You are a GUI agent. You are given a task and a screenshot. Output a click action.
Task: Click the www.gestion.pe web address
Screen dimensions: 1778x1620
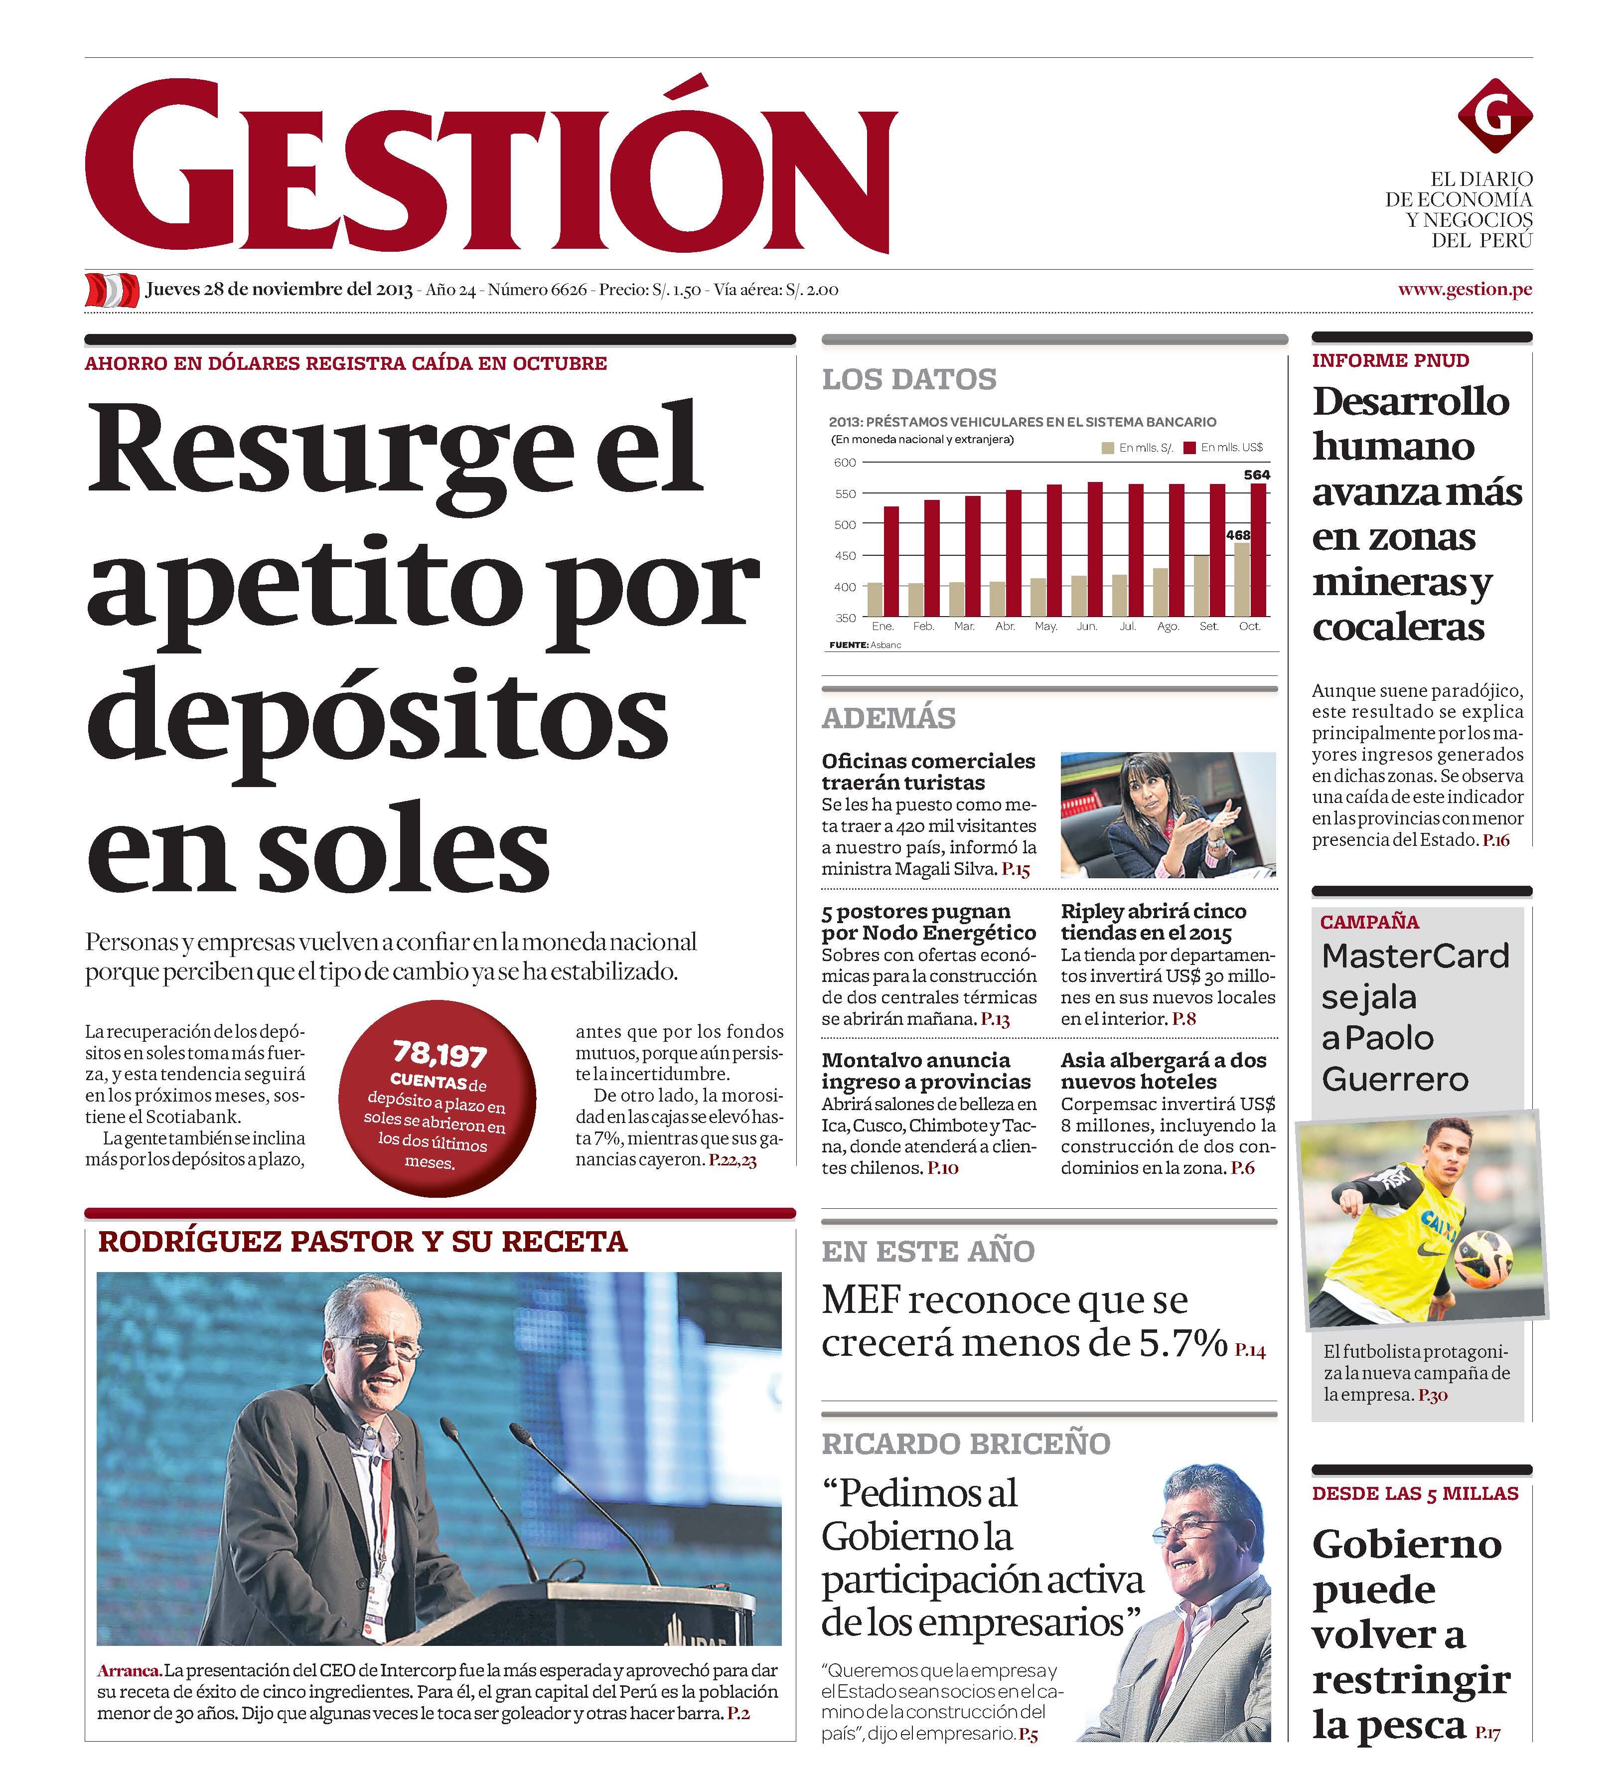tap(1464, 289)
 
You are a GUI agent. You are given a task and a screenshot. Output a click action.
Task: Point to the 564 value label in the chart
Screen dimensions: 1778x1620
tap(1257, 475)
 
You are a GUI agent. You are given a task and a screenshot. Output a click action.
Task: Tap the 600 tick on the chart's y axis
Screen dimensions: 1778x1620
tap(844, 462)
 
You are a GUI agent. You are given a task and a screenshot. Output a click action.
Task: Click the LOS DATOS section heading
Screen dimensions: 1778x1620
tap(908, 379)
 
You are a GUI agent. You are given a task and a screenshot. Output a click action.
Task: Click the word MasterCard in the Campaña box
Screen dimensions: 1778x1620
tap(1415, 956)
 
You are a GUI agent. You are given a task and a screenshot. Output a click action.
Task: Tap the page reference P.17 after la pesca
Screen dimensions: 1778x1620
tap(1487, 1733)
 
